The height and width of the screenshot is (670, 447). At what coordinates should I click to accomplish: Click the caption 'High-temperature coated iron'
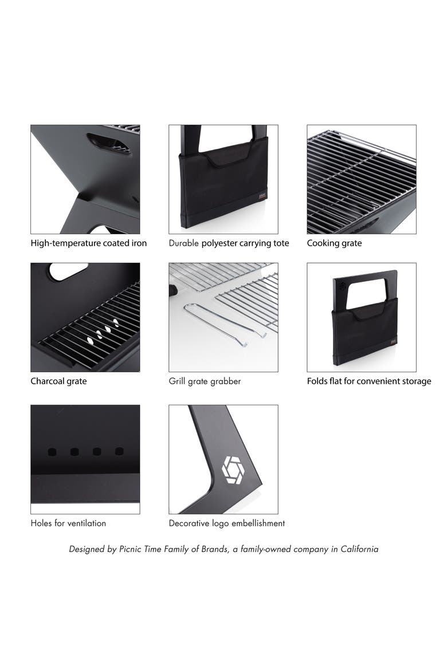pos(89,243)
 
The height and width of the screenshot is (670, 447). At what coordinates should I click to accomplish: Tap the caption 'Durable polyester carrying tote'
pos(229,243)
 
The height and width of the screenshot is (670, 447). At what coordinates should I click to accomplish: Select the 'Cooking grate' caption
pos(334,243)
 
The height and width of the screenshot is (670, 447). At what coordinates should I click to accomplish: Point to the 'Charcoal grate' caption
pos(58,381)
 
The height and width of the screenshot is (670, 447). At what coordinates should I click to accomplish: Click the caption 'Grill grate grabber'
pos(205,381)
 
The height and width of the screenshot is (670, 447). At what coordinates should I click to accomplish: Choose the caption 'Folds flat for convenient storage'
pos(368,381)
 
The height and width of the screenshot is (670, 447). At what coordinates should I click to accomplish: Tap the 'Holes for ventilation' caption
pos(68,523)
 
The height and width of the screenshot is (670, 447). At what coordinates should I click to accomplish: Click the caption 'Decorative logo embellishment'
pos(227,523)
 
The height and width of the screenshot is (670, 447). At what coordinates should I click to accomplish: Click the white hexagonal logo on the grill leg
pos(233,470)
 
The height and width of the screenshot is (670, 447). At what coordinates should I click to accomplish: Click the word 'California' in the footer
pos(359,549)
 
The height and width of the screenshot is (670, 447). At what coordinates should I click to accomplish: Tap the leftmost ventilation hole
pos(52,452)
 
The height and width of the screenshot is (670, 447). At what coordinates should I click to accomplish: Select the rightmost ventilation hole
pos(119,451)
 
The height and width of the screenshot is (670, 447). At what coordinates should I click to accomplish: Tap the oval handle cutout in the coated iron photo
pos(109,144)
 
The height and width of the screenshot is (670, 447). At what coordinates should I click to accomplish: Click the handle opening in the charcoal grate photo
pos(68,271)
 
